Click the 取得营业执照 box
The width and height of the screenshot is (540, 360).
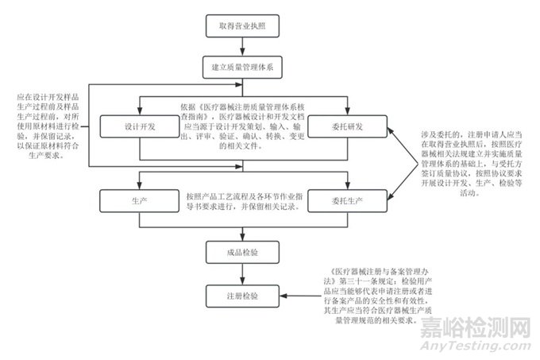pos(241,25)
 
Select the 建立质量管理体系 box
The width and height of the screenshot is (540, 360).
pos(241,68)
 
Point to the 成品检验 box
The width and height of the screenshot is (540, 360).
pos(241,254)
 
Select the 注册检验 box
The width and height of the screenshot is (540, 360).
pos(241,296)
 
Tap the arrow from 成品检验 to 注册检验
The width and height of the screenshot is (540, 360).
pos(241,274)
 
